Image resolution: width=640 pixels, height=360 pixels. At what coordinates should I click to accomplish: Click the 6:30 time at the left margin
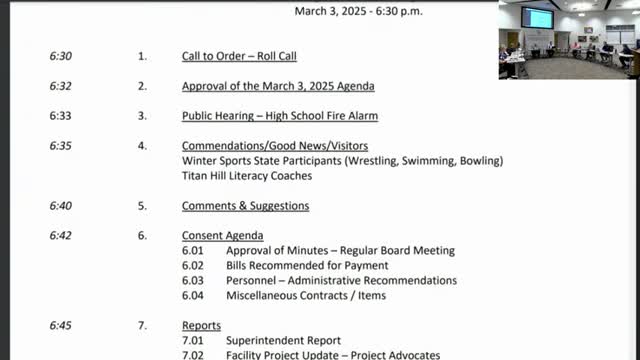point(60,56)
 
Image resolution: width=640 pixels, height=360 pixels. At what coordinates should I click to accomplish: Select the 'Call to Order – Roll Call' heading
point(238,56)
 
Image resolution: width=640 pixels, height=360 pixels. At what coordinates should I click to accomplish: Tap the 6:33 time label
point(60,116)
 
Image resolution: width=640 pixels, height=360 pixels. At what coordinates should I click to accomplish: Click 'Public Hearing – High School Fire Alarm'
point(279,116)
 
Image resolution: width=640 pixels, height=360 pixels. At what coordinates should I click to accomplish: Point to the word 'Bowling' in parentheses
point(480,161)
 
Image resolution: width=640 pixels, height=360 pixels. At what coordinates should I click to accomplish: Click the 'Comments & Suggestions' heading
point(245,206)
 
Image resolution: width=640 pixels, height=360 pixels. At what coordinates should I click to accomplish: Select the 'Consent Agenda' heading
point(222,236)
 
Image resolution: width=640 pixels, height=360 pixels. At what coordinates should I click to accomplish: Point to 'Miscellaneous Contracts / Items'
point(306,296)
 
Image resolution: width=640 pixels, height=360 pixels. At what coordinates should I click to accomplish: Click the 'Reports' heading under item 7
point(201,326)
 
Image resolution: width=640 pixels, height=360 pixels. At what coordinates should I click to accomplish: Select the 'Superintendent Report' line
point(283,341)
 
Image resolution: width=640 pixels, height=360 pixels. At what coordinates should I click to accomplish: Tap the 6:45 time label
point(60,326)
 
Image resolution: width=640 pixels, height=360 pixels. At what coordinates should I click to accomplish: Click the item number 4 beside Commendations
point(142,146)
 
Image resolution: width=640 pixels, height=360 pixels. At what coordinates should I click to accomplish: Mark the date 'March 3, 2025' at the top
point(330,11)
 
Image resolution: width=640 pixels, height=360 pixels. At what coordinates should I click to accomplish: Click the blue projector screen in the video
point(537,18)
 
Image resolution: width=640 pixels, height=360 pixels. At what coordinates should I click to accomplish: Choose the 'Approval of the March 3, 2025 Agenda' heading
point(278,86)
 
